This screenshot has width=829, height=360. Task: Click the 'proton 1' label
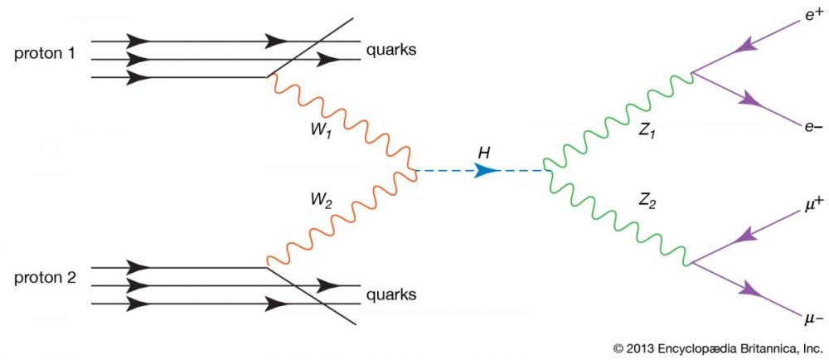[x=45, y=53]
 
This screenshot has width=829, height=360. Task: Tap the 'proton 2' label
[x=45, y=279]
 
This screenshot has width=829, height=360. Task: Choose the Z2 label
[x=646, y=202]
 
